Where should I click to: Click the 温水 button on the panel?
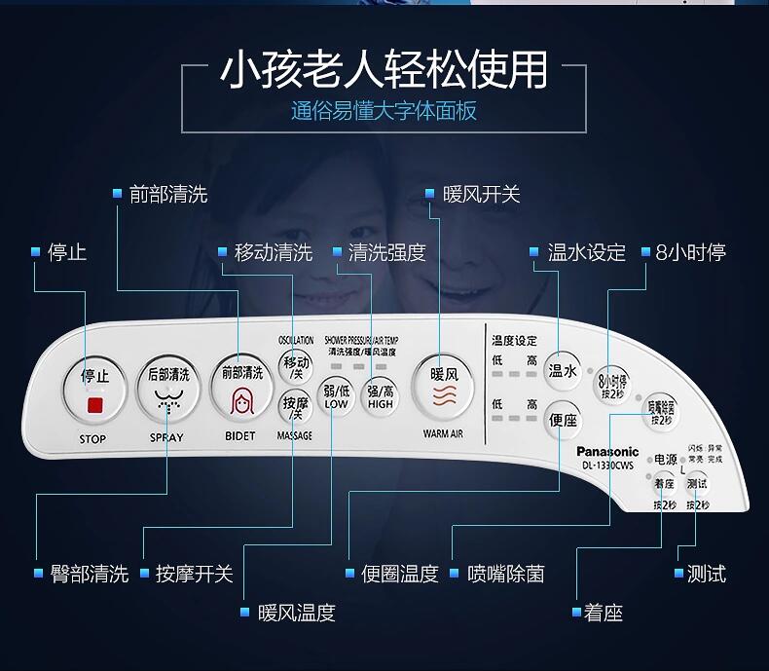563,371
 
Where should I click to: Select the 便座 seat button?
563,421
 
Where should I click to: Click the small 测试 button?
697,484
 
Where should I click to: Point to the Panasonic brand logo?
607,451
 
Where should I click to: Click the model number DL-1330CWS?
607,465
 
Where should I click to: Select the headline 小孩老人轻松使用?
384,70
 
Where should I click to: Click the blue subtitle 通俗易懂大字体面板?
384,110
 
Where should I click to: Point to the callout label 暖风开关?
481,194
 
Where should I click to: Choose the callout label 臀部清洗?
89,574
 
